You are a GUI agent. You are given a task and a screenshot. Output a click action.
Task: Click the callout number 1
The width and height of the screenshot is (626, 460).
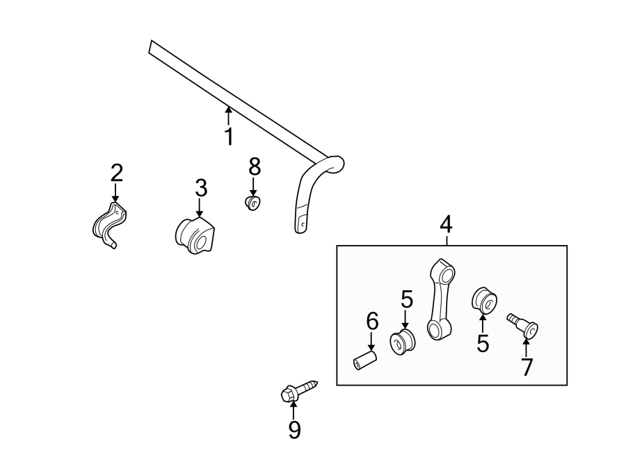228,136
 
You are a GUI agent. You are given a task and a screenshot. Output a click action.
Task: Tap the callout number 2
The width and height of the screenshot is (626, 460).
116,172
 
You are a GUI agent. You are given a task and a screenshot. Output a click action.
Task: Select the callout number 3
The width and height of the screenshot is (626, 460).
200,187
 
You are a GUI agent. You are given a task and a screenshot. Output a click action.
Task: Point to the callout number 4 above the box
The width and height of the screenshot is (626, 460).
446,224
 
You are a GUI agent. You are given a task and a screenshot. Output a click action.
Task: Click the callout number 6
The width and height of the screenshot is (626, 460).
372,321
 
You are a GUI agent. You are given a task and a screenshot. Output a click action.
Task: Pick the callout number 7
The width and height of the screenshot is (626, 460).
527,367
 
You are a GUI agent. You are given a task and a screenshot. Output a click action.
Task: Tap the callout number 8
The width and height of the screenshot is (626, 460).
254,167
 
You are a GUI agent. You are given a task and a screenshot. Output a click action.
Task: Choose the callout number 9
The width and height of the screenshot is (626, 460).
294,431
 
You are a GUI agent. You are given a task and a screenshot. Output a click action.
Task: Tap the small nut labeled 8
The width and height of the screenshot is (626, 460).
253,203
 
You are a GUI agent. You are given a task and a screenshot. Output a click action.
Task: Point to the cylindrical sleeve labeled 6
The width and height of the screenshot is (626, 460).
364,362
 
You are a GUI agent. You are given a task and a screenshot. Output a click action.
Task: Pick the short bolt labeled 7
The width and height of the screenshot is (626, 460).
524,324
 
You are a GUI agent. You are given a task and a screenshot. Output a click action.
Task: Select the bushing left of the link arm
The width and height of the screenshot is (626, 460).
402,342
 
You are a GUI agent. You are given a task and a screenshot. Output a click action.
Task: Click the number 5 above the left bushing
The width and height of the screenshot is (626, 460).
407,300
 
